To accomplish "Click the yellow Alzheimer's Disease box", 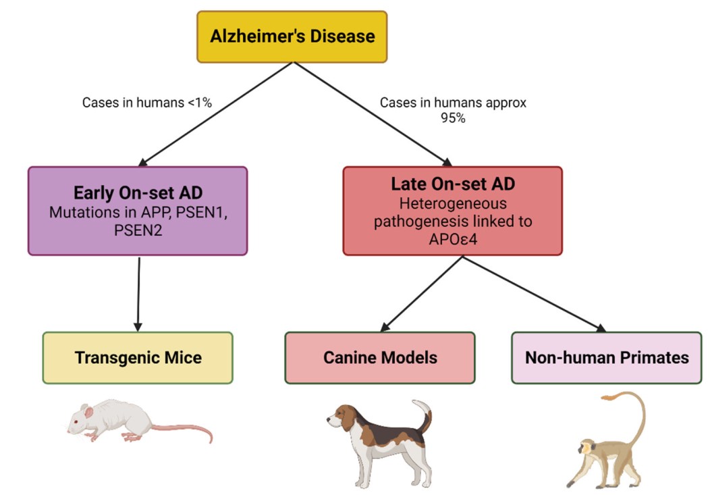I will [292, 36].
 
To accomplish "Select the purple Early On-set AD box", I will [138, 211].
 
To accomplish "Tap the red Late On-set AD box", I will [452, 211].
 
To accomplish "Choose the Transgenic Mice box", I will [138, 357].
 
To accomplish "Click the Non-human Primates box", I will [606, 357].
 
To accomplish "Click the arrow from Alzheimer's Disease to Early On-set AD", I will [216, 115].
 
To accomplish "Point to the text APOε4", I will [452, 239].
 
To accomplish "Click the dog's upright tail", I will [425, 415].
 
